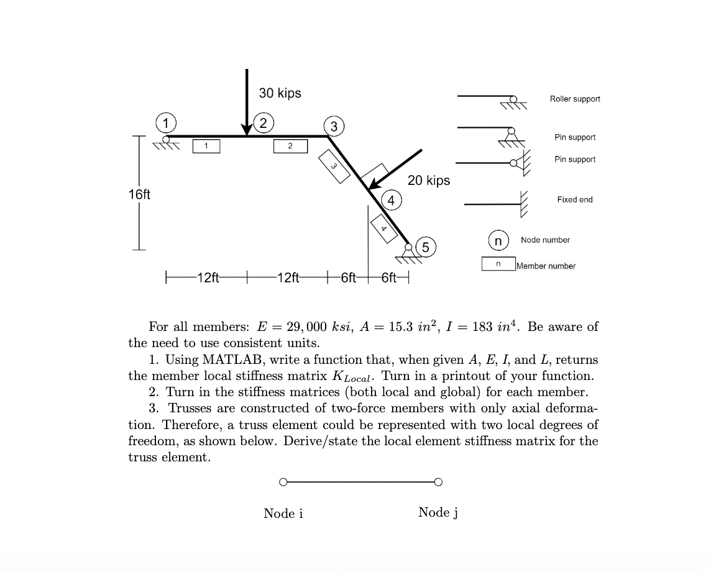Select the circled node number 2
tap(264, 123)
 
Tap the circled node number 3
tap(334, 127)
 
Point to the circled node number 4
tap(391, 201)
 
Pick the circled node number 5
tap(426, 247)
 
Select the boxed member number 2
tap(290, 146)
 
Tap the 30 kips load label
tap(280, 93)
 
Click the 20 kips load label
tap(429, 181)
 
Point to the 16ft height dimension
tap(139, 194)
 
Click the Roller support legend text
tap(575, 99)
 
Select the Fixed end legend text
tap(575, 200)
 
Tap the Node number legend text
tap(545, 240)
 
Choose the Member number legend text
tap(546, 266)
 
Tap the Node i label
tap(283, 513)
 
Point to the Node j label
tap(438, 513)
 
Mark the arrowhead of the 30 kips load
tap(247, 130)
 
